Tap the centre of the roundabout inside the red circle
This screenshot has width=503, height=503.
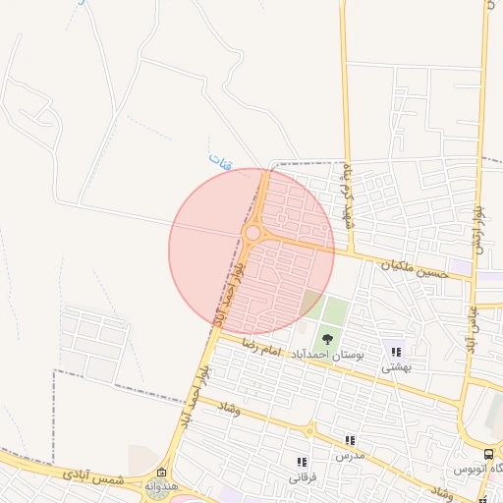[252, 233]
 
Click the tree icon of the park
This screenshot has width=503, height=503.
[327, 340]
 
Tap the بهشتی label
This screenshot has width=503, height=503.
[396, 367]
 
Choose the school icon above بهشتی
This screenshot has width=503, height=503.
[396, 351]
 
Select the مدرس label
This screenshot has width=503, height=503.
[349, 457]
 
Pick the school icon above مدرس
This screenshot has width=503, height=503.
[349, 440]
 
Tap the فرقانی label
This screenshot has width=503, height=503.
[302, 478]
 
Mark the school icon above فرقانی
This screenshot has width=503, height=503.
[302, 462]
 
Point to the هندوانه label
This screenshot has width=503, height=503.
[159, 487]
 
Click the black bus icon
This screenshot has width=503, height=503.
[488, 454]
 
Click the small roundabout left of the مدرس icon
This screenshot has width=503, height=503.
[309, 430]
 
